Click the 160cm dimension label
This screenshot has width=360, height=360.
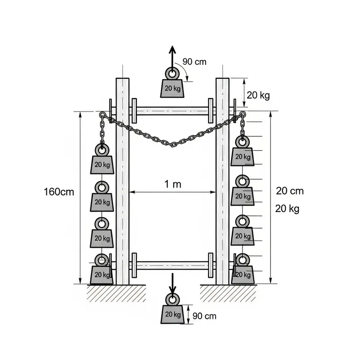[58, 192]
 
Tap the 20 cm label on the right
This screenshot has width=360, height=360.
[289, 191]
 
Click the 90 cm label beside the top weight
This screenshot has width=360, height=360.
[194, 62]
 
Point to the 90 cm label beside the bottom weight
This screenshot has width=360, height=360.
[204, 316]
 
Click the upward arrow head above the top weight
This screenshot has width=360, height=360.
[171, 49]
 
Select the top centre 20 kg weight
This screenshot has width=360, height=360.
[171, 87]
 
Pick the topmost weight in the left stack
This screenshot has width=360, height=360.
[103, 164]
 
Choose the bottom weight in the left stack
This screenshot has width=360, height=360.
[102, 274]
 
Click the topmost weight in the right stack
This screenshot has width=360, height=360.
[243, 156]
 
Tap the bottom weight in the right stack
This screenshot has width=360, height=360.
[243, 274]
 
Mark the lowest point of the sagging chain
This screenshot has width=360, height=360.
[174, 144]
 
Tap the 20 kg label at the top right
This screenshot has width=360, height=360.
[258, 95]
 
